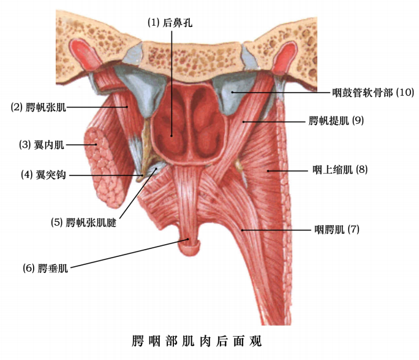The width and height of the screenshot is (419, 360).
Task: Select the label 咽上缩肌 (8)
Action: click(336, 169)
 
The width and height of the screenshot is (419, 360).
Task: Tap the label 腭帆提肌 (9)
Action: click(336, 121)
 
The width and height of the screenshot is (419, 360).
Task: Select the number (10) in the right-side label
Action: click(405, 93)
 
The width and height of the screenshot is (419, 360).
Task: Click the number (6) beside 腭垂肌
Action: click(28, 267)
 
